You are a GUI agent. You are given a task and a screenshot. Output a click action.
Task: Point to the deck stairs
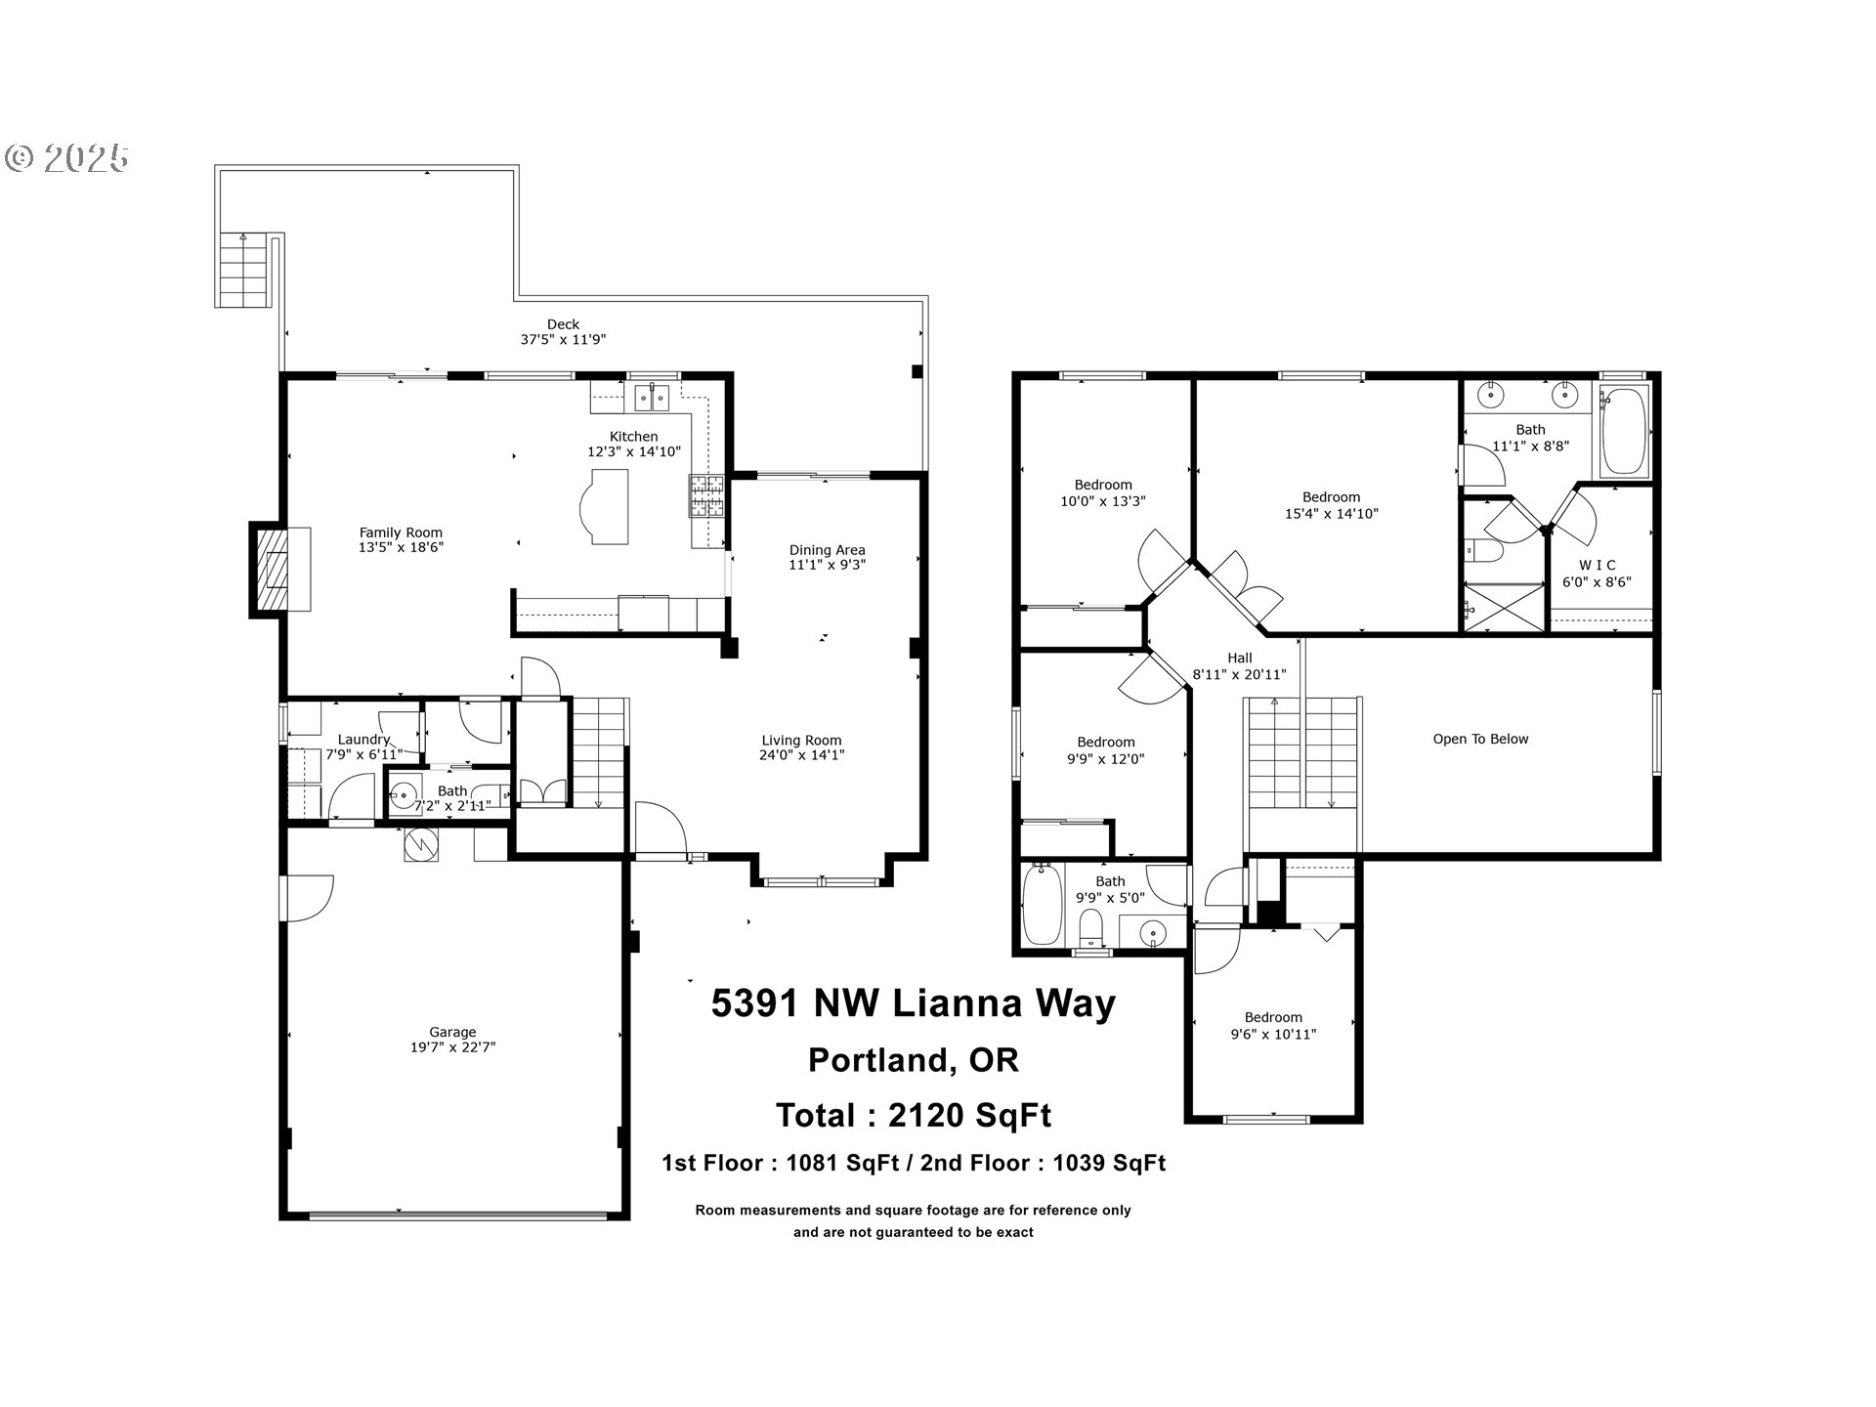242,271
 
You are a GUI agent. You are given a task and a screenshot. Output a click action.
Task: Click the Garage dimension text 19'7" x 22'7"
452,1047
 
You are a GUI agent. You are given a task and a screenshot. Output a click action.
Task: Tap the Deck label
563,324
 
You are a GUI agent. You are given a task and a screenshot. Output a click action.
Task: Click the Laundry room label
363,740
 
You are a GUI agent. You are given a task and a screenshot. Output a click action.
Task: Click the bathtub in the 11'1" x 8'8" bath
1624,430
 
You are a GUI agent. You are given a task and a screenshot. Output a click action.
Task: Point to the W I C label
1597,565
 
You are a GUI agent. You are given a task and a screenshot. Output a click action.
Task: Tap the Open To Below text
1480,740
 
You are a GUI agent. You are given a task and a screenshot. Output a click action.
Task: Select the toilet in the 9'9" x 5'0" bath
1090,926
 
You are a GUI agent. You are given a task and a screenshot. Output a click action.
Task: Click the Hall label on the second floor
1239,658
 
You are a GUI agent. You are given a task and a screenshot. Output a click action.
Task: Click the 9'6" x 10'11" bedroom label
1272,1026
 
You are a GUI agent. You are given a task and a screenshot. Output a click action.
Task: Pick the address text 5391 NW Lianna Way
913,1003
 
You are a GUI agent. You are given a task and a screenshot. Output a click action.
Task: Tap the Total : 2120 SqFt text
913,1115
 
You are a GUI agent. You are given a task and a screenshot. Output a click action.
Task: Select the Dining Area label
827,550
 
